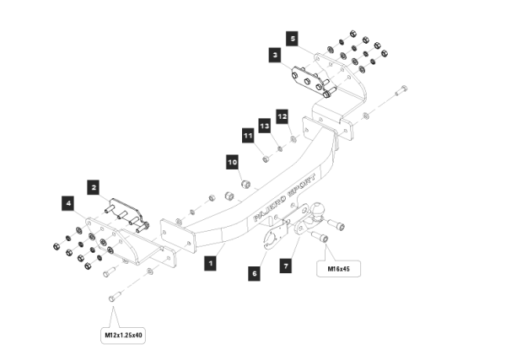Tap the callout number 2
tap(94, 186)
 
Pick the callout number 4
tap(67, 202)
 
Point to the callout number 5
tap(291, 39)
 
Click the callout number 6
tap(254, 273)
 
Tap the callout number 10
tap(232, 161)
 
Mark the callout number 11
tap(248, 134)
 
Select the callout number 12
tap(283, 116)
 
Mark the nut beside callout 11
tap(264, 159)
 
